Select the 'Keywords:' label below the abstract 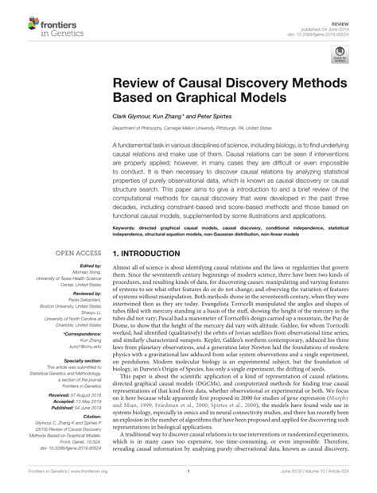point(127,227)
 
